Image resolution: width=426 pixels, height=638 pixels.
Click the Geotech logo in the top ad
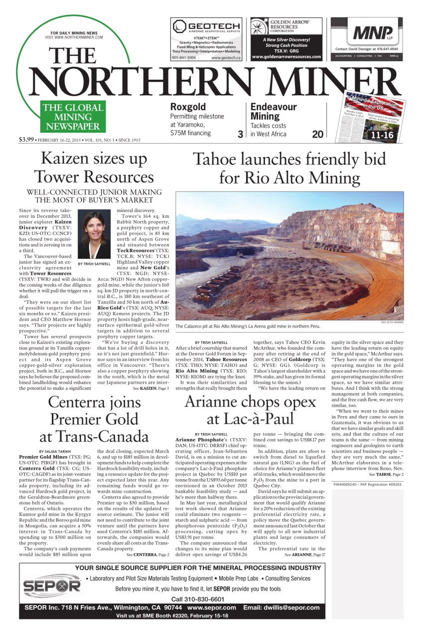pyautogui.click(x=206, y=26)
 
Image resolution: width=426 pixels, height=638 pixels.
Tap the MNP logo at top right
pyautogui.click(x=372, y=33)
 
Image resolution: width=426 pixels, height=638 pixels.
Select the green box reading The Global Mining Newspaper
pyautogui.click(x=73, y=117)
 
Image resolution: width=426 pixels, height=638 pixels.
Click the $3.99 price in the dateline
pyautogui.click(x=26, y=139)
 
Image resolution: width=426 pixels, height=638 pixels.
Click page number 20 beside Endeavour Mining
pyautogui.click(x=318, y=134)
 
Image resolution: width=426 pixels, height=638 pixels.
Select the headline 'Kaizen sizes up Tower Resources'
pyautogui.click(x=94, y=167)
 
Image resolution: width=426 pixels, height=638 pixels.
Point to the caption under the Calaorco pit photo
pyautogui.click(x=248, y=326)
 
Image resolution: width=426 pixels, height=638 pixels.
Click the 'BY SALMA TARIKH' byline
pyautogui.click(x=54, y=451)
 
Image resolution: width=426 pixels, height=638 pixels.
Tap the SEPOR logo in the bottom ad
pyautogui.click(x=51, y=587)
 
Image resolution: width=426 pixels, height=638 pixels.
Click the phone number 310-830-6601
pyautogui.click(x=197, y=599)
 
